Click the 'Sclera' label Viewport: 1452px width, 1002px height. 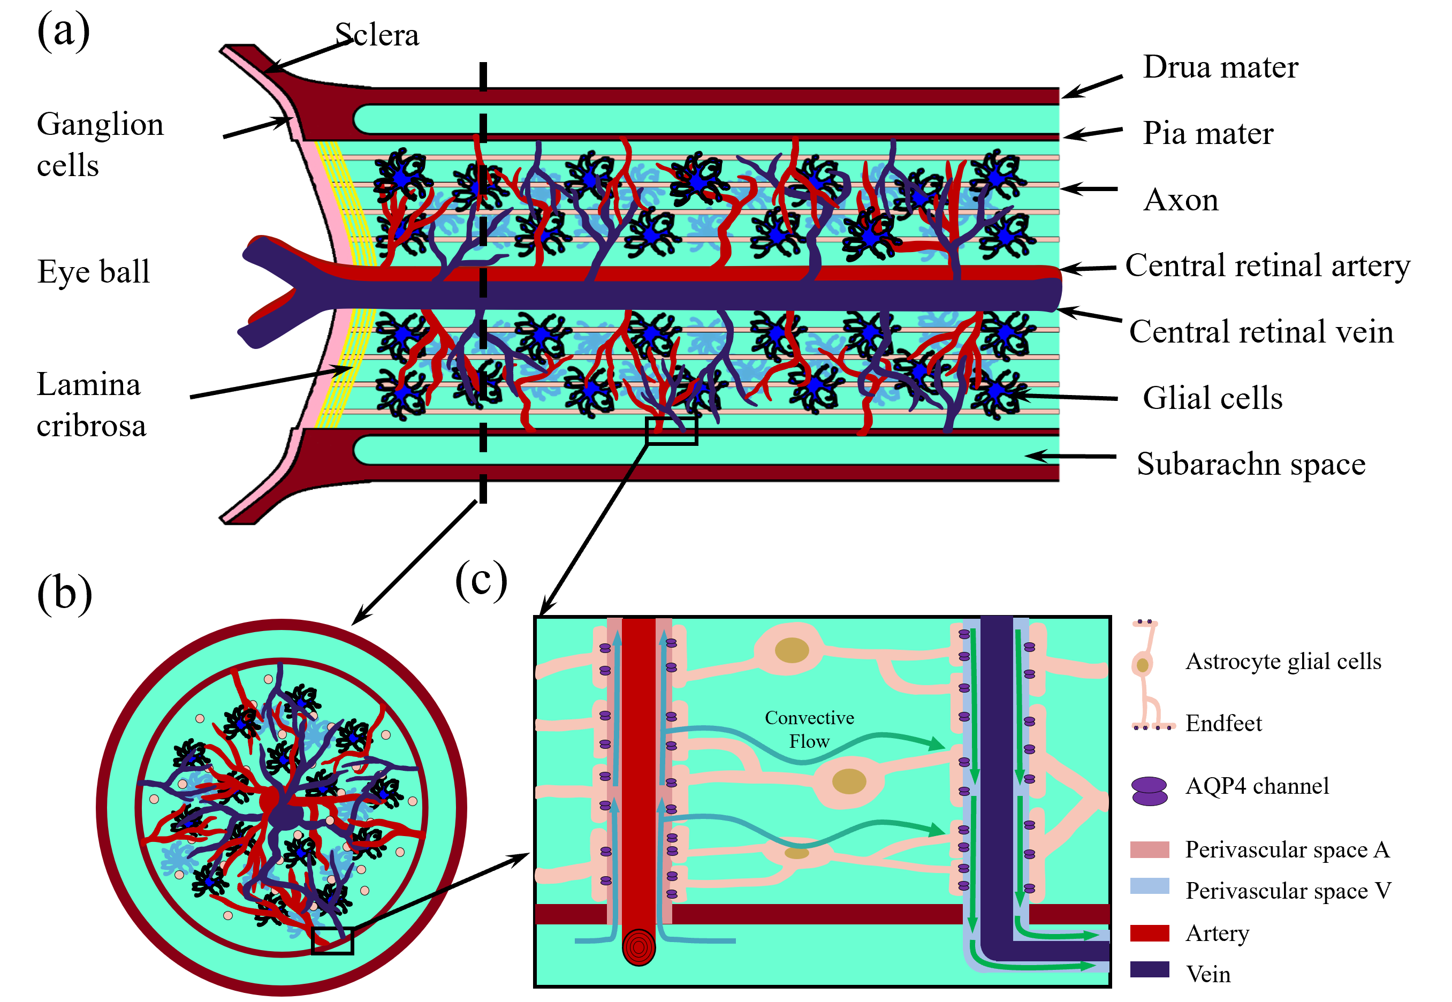pyautogui.click(x=377, y=35)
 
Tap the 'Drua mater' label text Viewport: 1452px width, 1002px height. pyautogui.click(x=1220, y=67)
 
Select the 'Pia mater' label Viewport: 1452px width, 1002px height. pyautogui.click(x=1207, y=133)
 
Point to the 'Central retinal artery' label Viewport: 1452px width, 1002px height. pyautogui.click(x=1267, y=265)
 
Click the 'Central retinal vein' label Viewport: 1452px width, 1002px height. pyautogui.click(x=1260, y=331)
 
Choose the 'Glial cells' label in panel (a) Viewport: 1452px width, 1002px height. pyautogui.click(x=1212, y=398)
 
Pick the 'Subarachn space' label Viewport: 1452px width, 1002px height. pyautogui.click(x=1250, y=464)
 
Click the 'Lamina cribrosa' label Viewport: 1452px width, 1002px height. pyautogui.click(x=91, y=405)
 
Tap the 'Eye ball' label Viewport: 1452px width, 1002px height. pyautogui.click(x=94, y=272)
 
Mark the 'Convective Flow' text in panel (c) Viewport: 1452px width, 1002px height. pyautogui.click(x=809, y=730)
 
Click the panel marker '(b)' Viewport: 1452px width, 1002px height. pyautogui.click(x=64, y=593)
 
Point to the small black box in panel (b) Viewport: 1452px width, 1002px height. pyautogui.click(x=332, y=940)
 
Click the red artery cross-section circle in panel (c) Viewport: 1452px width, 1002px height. pyautogui.click(x=638, y=947)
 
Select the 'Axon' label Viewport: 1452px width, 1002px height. pyautogui.click(x=1180, y=200)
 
